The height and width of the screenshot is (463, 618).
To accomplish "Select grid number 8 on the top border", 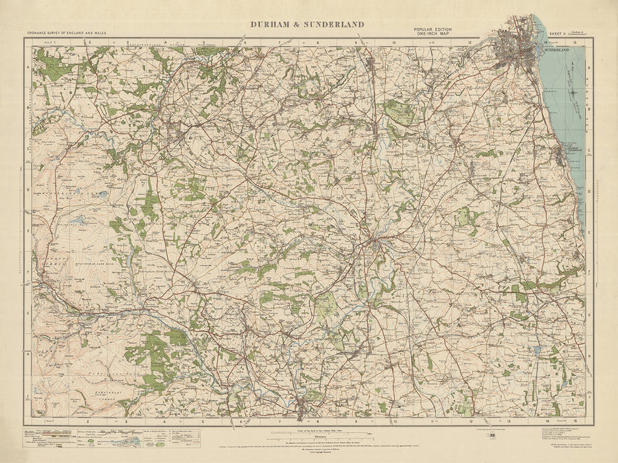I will click(x=318, y=42).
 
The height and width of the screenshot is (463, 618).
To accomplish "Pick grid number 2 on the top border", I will click(x=89, y=42).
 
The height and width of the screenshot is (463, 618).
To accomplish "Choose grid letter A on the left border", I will click(x=28, y=68).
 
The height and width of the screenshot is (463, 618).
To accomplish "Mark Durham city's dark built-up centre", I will click(x=375, y=241).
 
